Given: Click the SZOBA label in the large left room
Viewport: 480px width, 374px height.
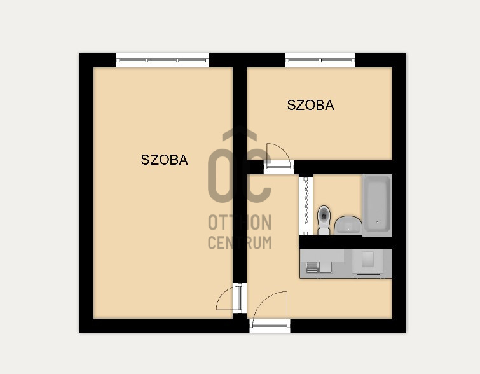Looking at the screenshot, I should click(164, 160).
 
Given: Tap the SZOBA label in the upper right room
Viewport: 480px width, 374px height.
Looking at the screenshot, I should click(310, 106).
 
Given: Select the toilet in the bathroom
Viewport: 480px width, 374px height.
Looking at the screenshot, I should click(324, 219).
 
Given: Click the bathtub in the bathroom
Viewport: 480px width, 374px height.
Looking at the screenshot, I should click(377, 205).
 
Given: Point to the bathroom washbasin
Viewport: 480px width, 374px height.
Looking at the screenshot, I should click(348, 225).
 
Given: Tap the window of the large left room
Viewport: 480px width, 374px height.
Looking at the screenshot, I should click(163, 60).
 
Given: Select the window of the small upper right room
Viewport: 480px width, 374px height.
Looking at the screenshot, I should click(320, 60).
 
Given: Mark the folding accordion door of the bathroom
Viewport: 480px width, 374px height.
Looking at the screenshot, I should click(306, 205).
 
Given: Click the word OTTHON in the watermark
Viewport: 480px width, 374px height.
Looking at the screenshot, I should click(240, 223).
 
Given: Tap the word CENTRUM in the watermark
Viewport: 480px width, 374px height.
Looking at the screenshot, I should click(240, 242).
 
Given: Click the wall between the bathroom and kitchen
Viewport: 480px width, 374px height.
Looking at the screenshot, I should click(346, 242).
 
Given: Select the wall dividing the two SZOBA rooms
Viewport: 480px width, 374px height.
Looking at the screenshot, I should click(239, 114).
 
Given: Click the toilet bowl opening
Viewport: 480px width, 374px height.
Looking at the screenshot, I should click(324, 214).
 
